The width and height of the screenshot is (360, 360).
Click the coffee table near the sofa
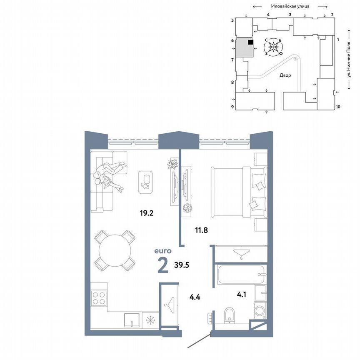pos(145,182)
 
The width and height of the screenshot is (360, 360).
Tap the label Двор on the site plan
pos(285,75)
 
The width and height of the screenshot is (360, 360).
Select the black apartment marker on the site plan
pos(250,42)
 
